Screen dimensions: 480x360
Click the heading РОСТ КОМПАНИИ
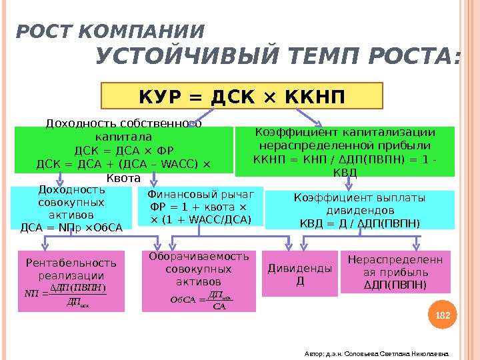[x=110, y=31]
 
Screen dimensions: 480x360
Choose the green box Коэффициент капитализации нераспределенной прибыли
[x=344, y=151]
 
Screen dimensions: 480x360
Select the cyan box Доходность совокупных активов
[x=71, y=207]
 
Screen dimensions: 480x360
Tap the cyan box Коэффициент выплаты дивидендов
[x=359, y=209]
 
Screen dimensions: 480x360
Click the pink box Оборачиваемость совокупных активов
[x=199, y=281]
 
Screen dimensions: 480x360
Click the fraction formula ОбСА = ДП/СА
[x=200, y=300]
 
